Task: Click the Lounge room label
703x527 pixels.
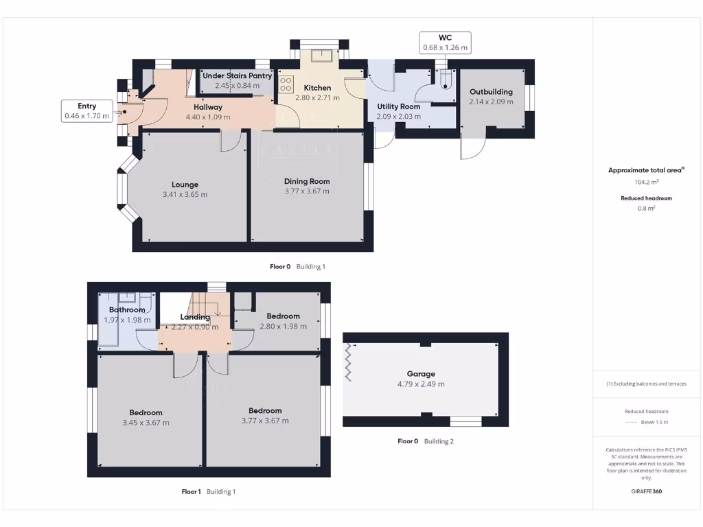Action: click(x=185, y=185)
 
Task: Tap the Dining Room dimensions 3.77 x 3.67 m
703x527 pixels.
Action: click(x=307, y=191)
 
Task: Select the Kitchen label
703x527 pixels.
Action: click(x=317, y=88)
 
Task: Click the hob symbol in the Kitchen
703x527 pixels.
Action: click(x=286, y=84)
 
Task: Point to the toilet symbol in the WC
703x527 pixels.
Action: click(x=446, y=82)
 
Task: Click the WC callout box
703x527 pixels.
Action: click(x=445, y=43)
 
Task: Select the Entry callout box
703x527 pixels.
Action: click(x=87, y=111)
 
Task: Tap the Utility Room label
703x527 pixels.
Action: click(x=398, y=107)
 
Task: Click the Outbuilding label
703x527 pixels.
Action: click(x=491, y=92)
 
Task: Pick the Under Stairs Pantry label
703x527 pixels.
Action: click(x=237, y=76)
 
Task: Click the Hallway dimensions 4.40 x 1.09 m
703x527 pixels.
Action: click(x=207, y=117)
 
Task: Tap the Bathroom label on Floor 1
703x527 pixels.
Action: click(x=127, y=310)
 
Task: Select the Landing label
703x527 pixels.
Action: click(x=195, y=317)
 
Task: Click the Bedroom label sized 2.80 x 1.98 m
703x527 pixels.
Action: click(x=283, y=316)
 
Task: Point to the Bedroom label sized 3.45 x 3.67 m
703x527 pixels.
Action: click(x=146, y=412)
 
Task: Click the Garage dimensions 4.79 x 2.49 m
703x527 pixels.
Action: click(x=421, y=384)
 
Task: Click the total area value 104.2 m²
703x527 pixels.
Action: click(x=647, y=183)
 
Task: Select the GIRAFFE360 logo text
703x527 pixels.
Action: click(x=647, y=491)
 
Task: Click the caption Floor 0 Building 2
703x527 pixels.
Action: click(x=426, y=441)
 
